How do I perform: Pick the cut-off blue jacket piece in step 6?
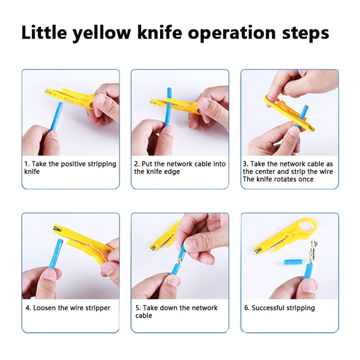tap(292, 262)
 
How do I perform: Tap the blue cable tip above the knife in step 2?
tap(169, 92)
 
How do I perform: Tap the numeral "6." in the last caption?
tap(247, 308)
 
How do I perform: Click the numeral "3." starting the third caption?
tap(246, 164)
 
